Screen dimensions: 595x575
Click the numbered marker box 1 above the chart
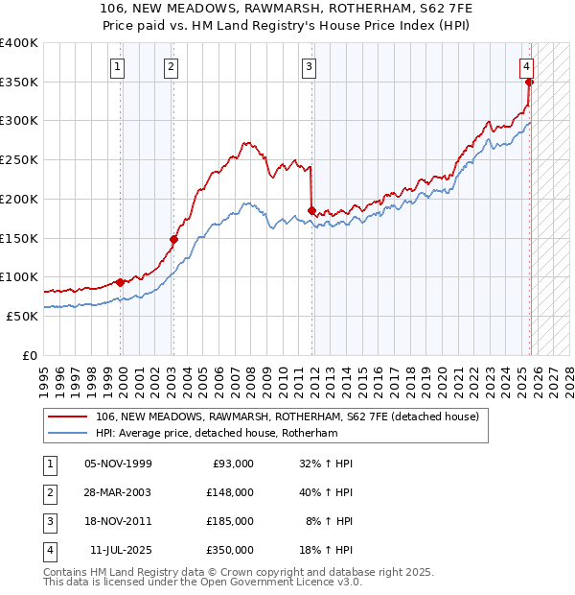click(x=117, y=66)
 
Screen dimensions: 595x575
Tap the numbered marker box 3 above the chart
click(x=310, y=66)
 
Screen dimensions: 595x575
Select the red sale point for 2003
click(x=173, y=240)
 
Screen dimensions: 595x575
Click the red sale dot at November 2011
click(x=311, y=210)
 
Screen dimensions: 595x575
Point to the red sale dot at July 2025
click(x=529, y=83)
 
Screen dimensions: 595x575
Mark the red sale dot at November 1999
click(x=120, y=282)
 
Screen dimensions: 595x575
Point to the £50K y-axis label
click(x=22, y=316)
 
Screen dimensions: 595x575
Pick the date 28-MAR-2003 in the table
click(x=119, y=491)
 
